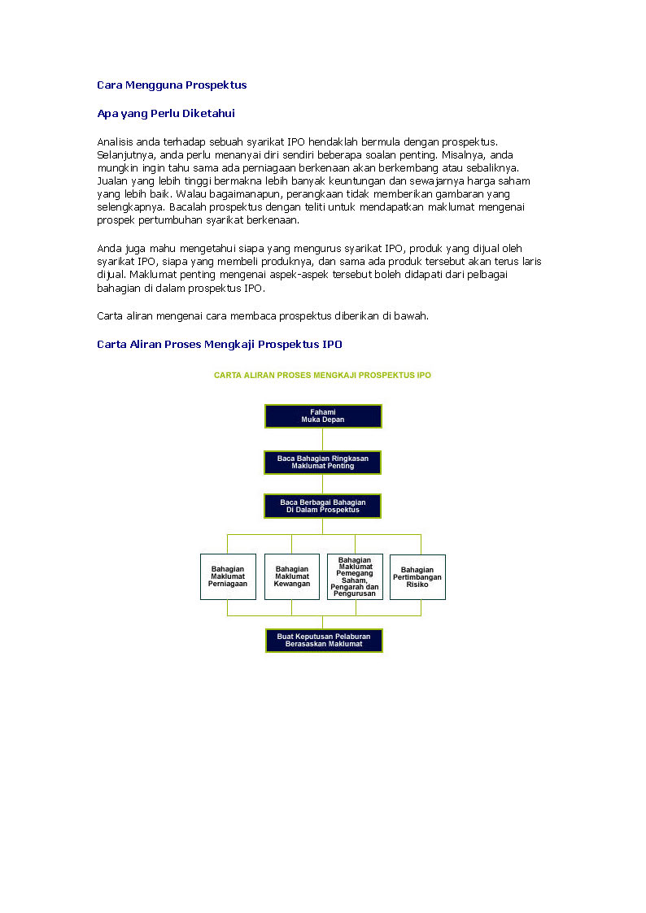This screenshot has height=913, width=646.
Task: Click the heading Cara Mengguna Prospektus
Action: click(x=172, y=85)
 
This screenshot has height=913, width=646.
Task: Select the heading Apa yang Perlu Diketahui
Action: click(x=166, y=114)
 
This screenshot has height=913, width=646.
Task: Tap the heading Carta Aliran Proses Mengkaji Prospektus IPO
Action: click(x=220, y=345)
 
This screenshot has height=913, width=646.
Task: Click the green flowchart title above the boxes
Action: click(x=322, y=376)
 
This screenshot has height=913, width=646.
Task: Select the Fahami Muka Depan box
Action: click(x=323, y=416)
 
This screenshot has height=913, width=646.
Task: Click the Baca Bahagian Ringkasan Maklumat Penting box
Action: click(x=323, y=463)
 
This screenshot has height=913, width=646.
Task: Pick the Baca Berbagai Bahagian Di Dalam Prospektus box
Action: click(x=323, y=506)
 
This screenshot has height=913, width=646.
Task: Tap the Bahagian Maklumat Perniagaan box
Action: click(x=228, y=577)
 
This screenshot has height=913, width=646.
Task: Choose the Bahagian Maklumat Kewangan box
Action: click(x=292, y=577)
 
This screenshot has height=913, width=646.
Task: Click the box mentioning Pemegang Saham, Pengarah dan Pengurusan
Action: click(x=355, y=577)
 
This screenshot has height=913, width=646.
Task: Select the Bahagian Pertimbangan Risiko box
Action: click(x=417, y=577)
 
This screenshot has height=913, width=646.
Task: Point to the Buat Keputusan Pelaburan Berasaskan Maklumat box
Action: click(x=324, y=641)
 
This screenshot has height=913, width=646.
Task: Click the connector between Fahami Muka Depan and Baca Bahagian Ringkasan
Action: click(x=323, y=440)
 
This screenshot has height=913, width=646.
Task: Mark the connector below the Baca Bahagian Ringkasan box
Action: click(x=323, y=485)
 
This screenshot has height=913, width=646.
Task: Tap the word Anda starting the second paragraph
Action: click(x=110, y=249)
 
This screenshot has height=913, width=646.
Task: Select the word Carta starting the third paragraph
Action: click(x=111, y=316)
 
